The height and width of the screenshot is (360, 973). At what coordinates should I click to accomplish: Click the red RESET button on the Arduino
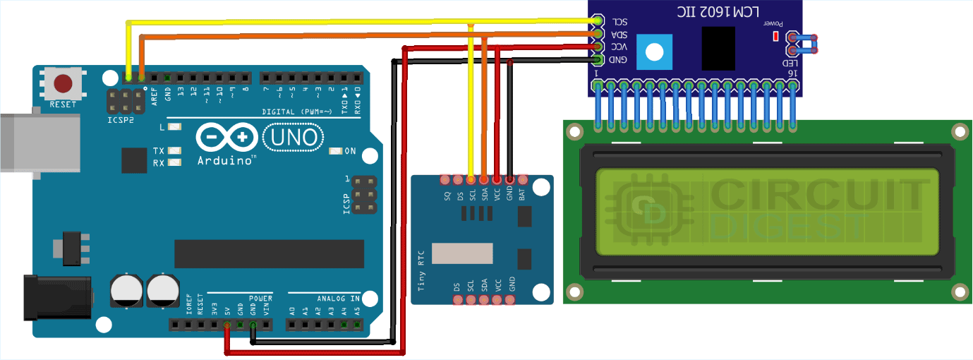64,84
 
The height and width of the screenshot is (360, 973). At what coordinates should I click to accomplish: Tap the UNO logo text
294,138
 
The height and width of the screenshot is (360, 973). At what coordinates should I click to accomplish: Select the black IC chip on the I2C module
718,49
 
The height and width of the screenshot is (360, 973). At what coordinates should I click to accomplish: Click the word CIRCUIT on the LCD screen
818,193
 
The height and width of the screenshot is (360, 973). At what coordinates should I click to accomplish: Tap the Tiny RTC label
422,275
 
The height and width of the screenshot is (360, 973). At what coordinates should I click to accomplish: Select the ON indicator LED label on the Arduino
350,151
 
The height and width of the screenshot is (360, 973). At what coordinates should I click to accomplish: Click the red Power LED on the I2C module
775,36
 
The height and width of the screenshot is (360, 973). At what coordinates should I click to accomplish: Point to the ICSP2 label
121,119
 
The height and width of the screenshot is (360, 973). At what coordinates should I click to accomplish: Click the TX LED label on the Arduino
159,151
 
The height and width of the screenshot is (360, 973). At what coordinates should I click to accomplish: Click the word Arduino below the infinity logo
226,160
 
